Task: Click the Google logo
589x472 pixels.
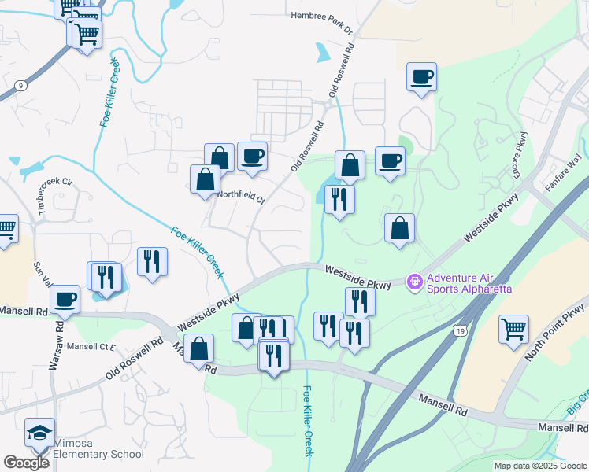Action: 27,463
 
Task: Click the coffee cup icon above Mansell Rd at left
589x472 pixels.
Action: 65,299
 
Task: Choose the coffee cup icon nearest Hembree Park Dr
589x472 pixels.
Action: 421,76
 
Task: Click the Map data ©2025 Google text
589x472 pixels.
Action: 540,466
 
